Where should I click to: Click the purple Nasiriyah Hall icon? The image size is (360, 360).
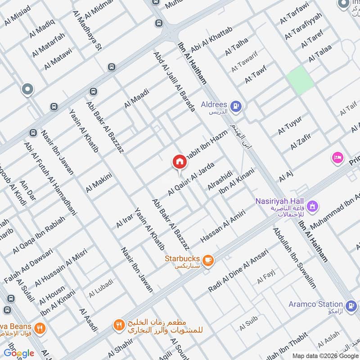pos(313,207)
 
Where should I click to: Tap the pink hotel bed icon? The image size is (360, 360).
pos(337,157)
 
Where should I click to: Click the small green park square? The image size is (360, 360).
pos(300,80)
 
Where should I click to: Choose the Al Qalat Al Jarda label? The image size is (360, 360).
pos(189,179)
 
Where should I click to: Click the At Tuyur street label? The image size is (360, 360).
pos(289,125)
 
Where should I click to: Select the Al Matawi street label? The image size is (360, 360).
pos(58,59)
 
